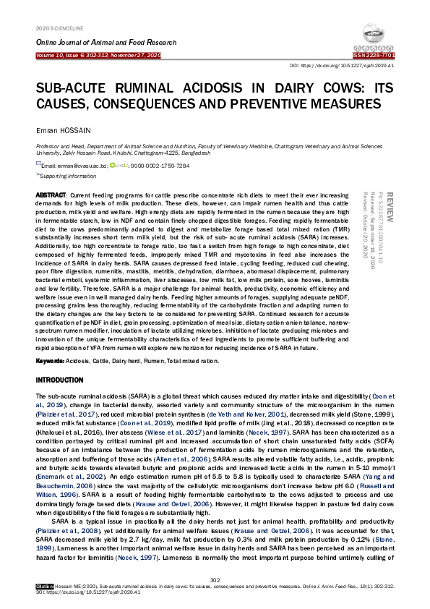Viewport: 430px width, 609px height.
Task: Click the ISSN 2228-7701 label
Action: coord(374,55)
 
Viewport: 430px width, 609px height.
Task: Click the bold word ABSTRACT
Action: coord(51,196)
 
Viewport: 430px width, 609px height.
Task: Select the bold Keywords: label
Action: coord(51,359)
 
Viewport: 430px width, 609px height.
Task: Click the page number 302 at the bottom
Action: coord(215,579)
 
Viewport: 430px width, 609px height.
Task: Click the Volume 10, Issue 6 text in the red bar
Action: coord(98,55)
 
